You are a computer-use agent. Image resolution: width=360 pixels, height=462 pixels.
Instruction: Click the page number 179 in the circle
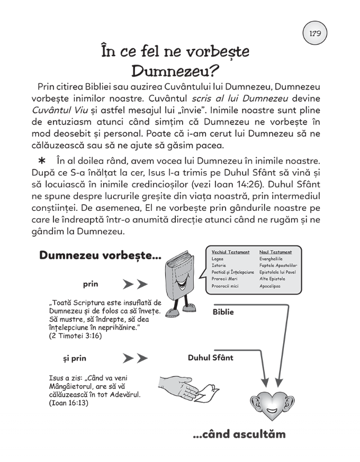tap(314, 33)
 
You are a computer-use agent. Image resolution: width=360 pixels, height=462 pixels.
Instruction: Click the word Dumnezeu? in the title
tap(175, 70)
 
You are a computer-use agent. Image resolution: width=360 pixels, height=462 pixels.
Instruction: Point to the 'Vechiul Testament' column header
tap(230, 252)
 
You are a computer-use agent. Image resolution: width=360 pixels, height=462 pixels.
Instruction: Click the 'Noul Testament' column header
tap(275, 252)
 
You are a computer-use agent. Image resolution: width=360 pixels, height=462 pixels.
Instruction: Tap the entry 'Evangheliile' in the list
tap(271, 259)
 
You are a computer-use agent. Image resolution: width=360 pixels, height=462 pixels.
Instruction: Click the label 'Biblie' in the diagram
tap(223, 312)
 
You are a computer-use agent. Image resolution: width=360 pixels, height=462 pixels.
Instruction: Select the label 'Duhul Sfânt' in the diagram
tap(210, 358)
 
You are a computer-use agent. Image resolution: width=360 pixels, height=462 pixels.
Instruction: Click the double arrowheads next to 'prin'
tap(135, 285)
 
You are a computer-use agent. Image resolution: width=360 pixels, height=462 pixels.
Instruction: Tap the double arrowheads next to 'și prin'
tap(135, 359)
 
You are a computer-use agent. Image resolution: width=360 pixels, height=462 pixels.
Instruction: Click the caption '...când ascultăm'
tap(239, 434)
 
